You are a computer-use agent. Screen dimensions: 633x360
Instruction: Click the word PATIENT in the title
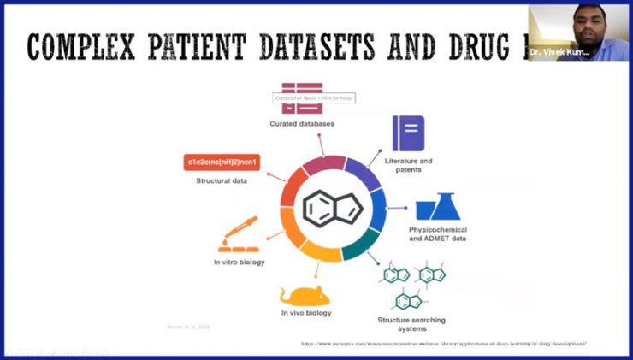[x=192, y=47]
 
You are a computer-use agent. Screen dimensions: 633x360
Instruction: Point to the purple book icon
[x=408, y=133]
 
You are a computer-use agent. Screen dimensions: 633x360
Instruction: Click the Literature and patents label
[x=409, y=164]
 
